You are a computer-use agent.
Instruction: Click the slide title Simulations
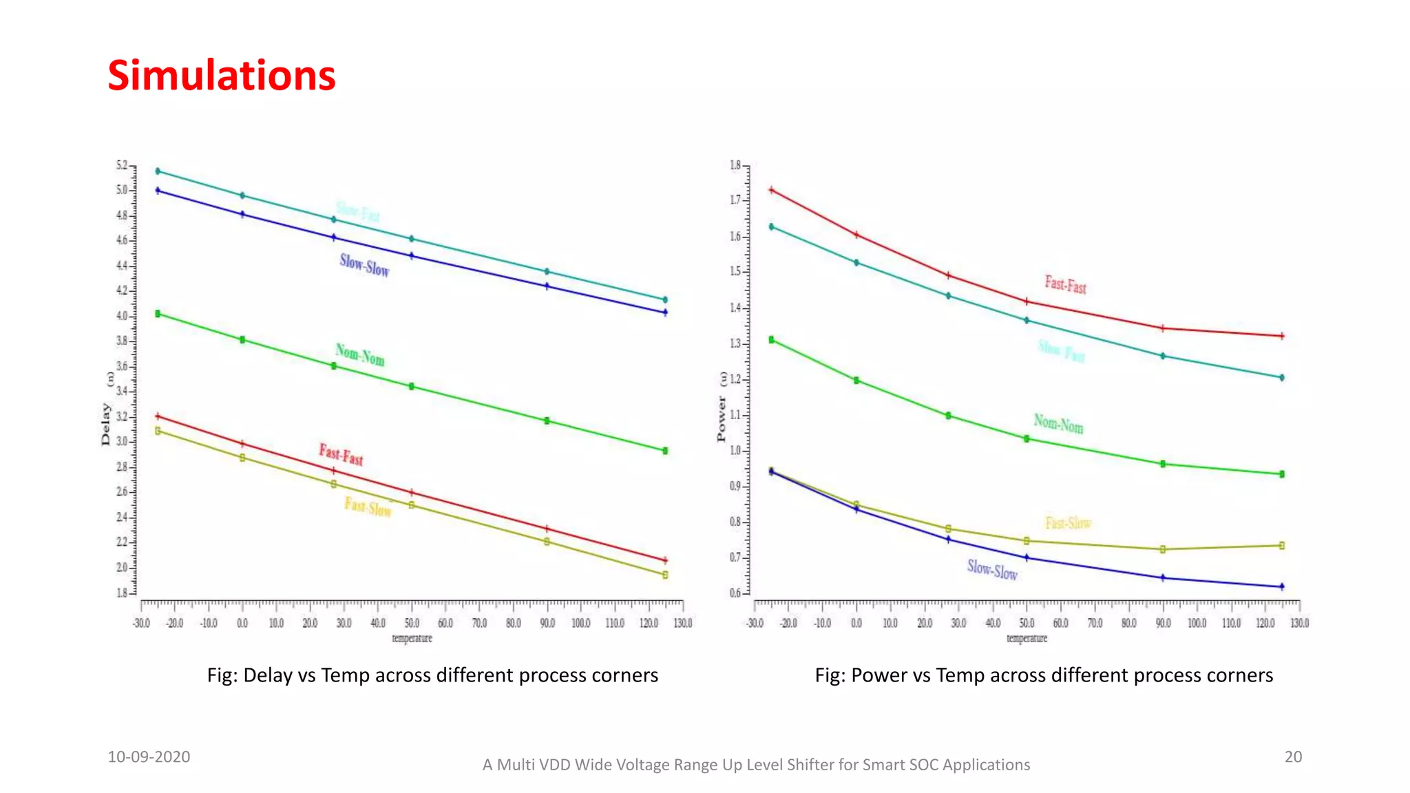[222, 75]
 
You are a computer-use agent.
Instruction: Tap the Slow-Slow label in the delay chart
[364, 265]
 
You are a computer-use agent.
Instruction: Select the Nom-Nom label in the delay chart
[360, 355]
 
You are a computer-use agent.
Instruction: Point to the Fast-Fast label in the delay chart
[341, 454]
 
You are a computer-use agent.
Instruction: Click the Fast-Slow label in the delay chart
[368, 507]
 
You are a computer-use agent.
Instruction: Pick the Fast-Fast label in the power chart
[1065, 284]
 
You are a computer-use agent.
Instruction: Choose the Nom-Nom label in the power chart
[1058, 424]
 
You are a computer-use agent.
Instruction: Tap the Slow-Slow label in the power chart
[992, 569]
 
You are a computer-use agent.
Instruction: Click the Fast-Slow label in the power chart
[1068, 523]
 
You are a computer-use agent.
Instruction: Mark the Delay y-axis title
[106, 424]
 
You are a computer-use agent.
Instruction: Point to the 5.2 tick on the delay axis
[122, 165]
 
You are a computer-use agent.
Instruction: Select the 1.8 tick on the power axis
[735, 165]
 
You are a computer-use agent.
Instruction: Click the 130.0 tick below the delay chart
[683, 623]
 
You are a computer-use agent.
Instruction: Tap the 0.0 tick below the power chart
[856, 623]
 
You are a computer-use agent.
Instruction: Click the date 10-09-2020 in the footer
[149, 757]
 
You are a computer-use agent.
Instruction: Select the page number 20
[1293, 757]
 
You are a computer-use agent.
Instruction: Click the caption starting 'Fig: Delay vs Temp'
[432, 675]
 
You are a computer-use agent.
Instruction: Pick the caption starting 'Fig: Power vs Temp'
[1044, 675]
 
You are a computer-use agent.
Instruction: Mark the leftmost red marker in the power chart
[772, 190]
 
